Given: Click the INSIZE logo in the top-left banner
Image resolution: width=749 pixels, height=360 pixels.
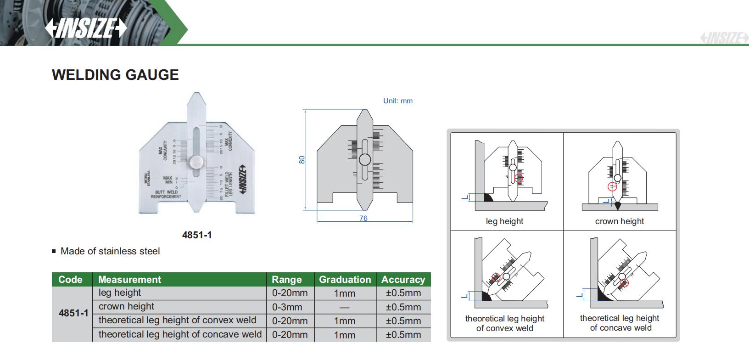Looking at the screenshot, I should coord(86,28).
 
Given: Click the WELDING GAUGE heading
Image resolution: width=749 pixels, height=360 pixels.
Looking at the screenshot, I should coord(115,75).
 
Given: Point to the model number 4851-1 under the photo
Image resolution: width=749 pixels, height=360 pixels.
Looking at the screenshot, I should coord(197,235).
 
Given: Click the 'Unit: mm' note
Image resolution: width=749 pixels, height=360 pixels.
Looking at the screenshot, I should coord(398,101).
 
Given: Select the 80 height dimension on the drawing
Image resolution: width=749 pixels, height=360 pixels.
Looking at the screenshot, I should coord(302,160).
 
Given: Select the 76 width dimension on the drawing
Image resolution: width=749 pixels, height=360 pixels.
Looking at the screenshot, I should coord(363,219).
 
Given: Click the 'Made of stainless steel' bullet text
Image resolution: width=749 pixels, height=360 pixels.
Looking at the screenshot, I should coord(110,251).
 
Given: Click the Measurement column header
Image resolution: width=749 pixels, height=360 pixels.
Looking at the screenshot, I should coord(129,280).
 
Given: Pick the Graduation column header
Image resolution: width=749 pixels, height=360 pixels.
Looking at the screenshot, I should coord(345,280).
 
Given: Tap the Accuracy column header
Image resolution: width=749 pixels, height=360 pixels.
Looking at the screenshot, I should coord(403,280).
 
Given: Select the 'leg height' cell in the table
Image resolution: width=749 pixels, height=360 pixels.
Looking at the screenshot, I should coord(120,293).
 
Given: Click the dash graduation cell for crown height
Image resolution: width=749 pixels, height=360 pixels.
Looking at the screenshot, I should coord(345,307).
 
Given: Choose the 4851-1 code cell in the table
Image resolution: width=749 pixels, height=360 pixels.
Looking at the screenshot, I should coord(73,314).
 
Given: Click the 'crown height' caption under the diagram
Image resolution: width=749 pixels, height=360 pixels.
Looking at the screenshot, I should coord(620,221).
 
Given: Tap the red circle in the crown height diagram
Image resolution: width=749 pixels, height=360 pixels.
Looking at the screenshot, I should coord(612,186).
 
